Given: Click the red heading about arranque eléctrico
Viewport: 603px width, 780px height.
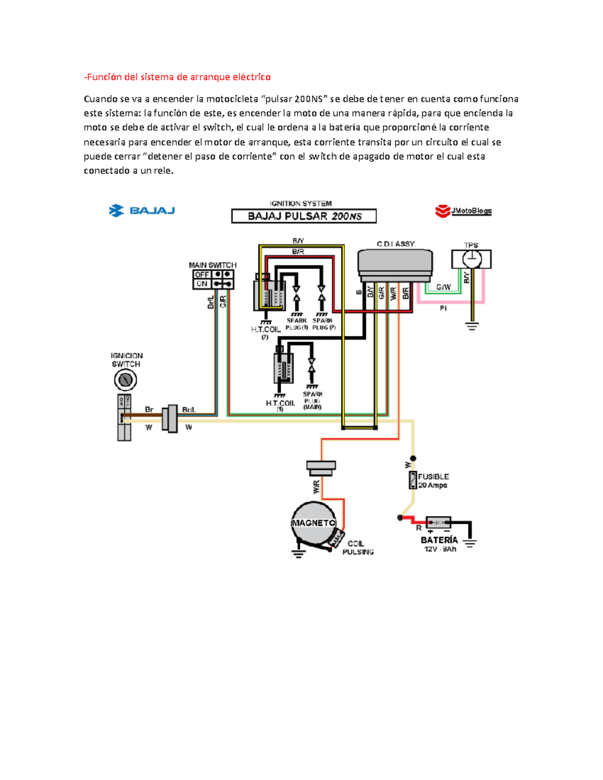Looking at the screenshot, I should [177, 77].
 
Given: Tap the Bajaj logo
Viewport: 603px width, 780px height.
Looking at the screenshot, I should [142, 211].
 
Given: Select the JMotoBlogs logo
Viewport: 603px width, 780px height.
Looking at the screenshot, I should [463, 211].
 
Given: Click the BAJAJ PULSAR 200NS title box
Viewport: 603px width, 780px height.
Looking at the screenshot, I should [304, 216].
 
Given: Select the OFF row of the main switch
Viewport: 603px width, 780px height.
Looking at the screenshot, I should [213, 275].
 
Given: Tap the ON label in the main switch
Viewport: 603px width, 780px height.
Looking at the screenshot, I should [202, 284].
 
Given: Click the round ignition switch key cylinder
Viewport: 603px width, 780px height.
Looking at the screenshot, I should [125, 380].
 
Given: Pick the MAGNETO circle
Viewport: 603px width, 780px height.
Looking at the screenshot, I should [313, 523].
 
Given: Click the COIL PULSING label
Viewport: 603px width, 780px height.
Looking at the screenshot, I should [358, 548].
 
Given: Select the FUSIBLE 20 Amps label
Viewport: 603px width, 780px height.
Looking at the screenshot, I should [433, 481].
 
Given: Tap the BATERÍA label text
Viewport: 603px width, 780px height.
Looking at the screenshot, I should [439, 540].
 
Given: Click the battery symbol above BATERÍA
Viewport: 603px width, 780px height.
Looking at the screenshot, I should [438, 522].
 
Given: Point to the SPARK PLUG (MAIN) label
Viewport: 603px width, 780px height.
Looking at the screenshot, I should [312, 400].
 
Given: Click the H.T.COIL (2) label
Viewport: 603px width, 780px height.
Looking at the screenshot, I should [265, 332].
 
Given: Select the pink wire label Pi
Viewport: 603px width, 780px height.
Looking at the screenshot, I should [443, 308].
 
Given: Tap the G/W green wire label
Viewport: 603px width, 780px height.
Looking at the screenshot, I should [443, 287].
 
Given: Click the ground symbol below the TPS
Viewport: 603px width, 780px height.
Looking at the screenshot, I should [471, 325].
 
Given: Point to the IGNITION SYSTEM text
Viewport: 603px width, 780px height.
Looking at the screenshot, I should [300, 203].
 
